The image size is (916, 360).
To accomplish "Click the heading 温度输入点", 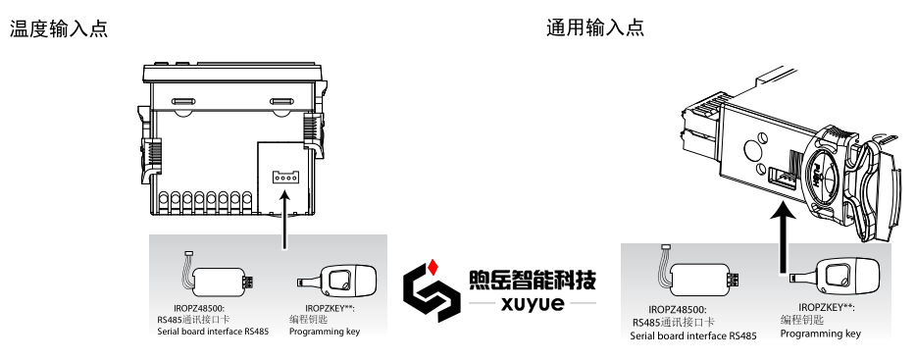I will coord(58,29).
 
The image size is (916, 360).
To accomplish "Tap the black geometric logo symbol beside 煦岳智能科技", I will coord(433,290).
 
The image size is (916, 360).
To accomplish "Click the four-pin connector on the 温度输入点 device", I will coord(284,177).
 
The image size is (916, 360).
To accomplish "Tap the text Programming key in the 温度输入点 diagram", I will coord(325,332).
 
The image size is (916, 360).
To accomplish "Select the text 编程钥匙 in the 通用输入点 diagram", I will coord(800,320).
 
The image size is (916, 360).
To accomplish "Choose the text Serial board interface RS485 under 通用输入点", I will coord(694,335).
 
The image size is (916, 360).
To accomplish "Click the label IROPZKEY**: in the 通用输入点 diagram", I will coord(821,307).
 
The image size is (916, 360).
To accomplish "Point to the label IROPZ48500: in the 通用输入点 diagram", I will coord(678,309).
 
